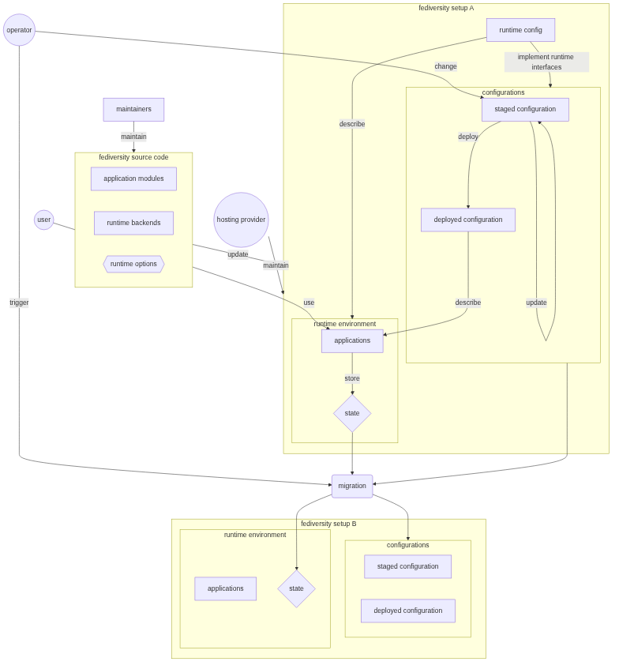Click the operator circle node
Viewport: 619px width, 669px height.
click(x=19, y=30)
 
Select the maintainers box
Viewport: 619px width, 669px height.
click(x=133, y=109)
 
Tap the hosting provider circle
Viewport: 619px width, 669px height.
click(x=241, y=220)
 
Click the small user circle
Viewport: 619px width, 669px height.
click(x=44, y=220)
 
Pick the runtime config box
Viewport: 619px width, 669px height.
click(x=520, y=30)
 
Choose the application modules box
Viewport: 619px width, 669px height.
click(x=133, y=179)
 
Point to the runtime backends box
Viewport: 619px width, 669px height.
click(x=133, y=223)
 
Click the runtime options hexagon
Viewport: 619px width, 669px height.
click(x=133, y=264)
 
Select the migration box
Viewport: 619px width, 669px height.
click(x=352, y=486)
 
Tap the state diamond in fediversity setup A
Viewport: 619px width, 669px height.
click(x=352, y=413)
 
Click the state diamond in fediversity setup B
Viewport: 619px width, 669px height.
click(x=296, y=588)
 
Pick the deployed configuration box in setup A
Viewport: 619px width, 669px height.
click(x=467, y=220)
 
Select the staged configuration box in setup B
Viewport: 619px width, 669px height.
click(x=407, y=566)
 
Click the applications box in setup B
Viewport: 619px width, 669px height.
click(x=225, y=588)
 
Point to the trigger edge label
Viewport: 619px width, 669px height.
click(x=19, y=303)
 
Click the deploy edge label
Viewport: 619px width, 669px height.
click(x=467, y=137)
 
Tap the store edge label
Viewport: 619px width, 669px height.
click(x=352, y=378)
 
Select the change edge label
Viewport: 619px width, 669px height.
click(x=445, y=66)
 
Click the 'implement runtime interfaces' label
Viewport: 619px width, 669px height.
click(x=546, y=62)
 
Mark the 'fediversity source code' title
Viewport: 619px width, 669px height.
click(x=133, y=157)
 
